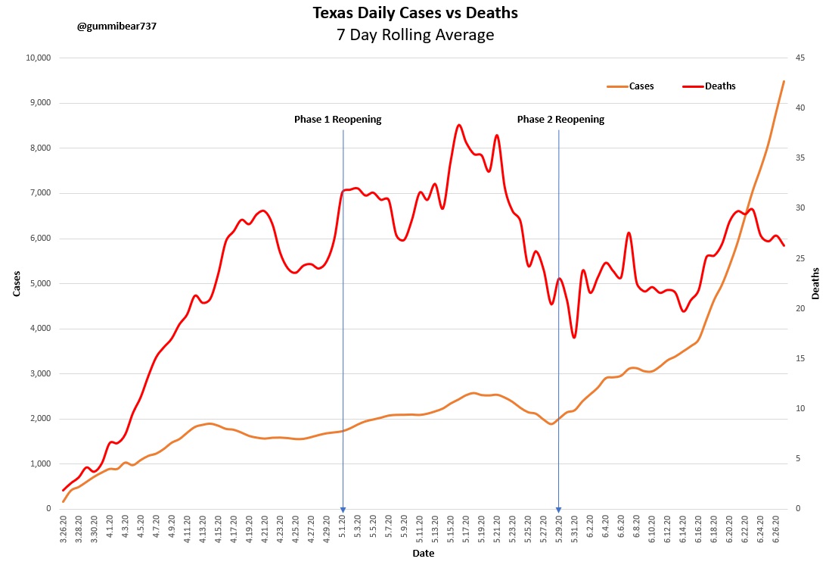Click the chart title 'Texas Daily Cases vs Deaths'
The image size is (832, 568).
point(415,13)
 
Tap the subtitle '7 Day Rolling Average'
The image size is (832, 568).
point(415,35)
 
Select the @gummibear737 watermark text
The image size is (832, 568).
point(116,26)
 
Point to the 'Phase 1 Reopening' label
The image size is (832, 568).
point(337,120)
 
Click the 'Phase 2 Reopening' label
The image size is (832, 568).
point(560,120)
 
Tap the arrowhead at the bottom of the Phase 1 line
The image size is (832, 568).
point(343,510)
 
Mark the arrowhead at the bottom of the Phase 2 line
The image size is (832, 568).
point(558,510)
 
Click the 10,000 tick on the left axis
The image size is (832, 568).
point(37,58)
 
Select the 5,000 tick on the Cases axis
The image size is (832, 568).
point(39,283)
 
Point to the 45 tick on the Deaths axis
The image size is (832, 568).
point(799,58)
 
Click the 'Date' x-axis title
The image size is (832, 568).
point(423,554)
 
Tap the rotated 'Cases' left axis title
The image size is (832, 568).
point(17,283)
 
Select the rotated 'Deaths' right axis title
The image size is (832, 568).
point(815,283)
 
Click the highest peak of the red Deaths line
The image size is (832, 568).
point(459,125)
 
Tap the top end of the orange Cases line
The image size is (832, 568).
point(784,81)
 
